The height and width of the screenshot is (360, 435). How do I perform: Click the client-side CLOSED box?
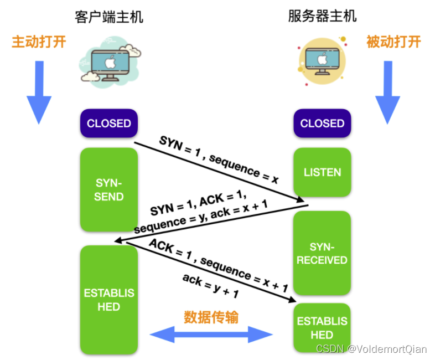tap(109, 124)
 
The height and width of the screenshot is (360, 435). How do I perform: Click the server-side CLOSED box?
tap(322, 124)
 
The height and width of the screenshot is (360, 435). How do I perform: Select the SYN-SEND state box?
tap(109, 189)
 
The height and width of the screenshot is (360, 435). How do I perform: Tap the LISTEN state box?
tap(322, 172)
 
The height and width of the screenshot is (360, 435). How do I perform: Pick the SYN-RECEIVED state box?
tap(322, 253)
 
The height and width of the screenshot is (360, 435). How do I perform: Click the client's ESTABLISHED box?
tap(109, 300)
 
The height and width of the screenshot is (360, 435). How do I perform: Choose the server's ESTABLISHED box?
tap(322, 328)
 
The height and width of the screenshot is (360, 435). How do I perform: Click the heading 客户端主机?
tap(109, 17)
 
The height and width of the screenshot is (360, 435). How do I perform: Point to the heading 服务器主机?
tap(322, 16)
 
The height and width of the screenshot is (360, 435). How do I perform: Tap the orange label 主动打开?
tap(39, 42)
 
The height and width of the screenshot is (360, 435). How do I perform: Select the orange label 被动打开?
tap(393, 42)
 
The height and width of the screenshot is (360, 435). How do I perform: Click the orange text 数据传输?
tap(211, 317)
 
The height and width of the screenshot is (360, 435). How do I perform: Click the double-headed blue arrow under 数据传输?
tap(211, 335)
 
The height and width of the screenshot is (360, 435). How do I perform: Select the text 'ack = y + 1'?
tap(211, 286)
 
